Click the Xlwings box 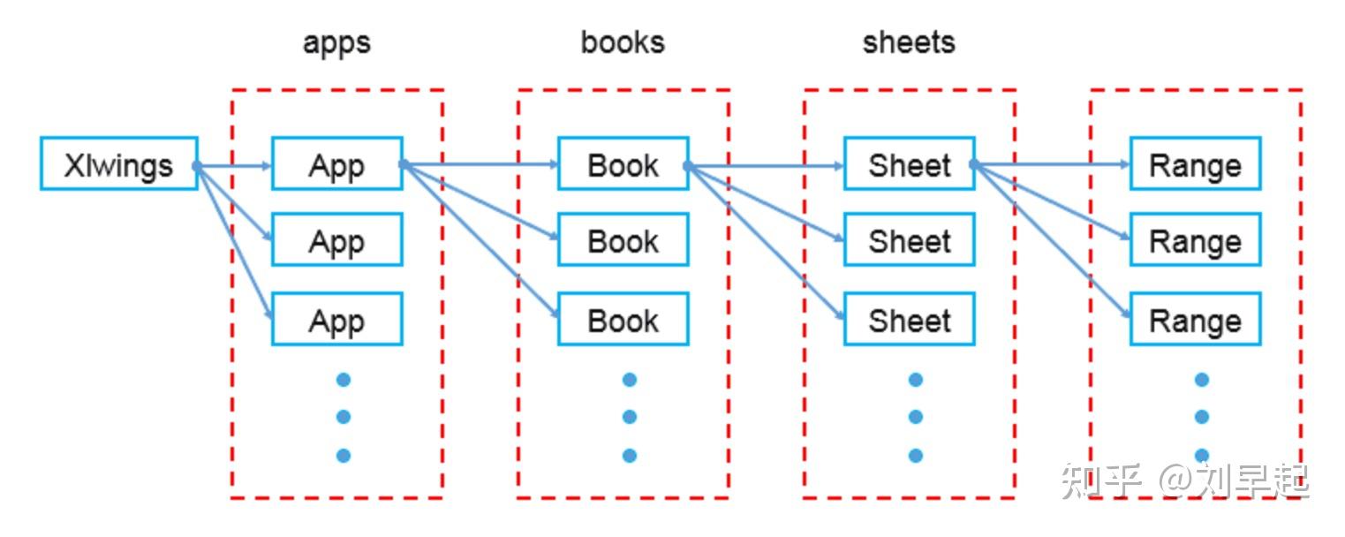point(118,163)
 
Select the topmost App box point(336,163)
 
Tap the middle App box point(336,239)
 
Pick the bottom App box point(336,319)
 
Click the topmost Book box point(623,163)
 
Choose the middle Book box point(623,239)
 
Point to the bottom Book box point(623,319)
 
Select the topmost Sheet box point(909,163)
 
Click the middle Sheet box point(909,239)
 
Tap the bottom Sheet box point(909,319)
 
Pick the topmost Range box point(1195,163)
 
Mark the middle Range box point(1195,239)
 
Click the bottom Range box point(1195,319)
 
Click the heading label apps point(336,43)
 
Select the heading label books point(623,42)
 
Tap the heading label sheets point(909,42)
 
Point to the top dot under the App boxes point(344,380)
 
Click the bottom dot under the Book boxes point(630,456)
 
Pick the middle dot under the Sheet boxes point(916,417)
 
